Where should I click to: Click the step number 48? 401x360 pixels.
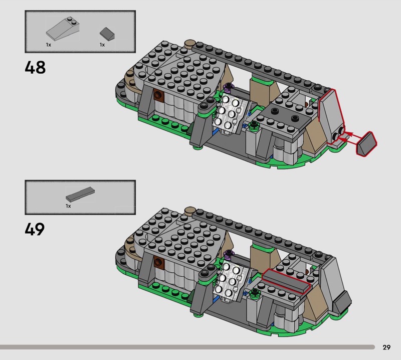click(x=35, y=67)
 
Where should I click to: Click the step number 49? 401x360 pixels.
click(x=35, y=229)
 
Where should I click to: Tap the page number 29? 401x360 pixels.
click(x=386, y=347)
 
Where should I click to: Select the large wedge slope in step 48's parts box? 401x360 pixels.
click(x=63, y=29)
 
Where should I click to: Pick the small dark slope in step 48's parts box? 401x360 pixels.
click(x=107, y=34)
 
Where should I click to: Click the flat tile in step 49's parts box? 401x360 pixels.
click(x=80, y=195)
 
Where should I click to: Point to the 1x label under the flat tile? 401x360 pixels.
click(x=68, y=206)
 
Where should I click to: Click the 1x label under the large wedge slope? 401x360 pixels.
click(x=49, y=45)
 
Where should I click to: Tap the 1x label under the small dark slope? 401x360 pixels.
click(x=102, y=45)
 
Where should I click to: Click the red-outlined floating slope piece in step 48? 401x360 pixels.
click(x=367, y=143)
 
